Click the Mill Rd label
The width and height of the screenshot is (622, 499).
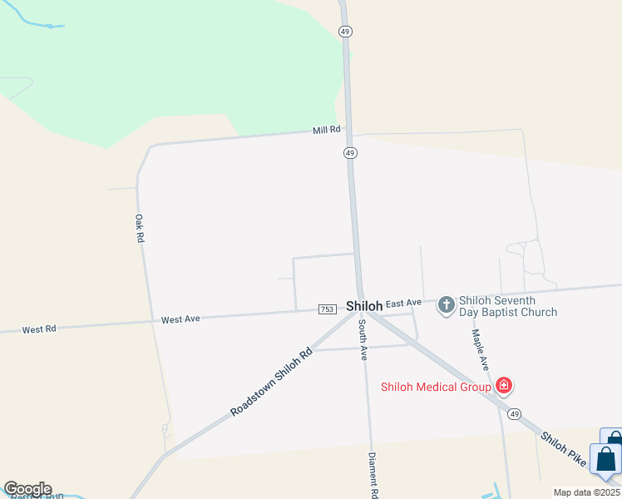tap(327, 131)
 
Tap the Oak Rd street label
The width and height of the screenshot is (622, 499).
tap(140, 228)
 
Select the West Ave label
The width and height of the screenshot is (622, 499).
tap(180, 319)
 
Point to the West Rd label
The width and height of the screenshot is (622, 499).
tap(39, 329)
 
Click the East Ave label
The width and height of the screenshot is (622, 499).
tap(404, 303)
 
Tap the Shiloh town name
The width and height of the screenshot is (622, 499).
tap(363, 306)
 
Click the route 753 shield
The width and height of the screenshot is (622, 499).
tap(327, 309)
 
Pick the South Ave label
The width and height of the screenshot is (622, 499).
tap(363, 341)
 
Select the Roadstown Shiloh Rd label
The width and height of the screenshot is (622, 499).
tap(271, 383)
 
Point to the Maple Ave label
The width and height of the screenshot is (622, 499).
tap(480, 349)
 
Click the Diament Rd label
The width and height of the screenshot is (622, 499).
tap(374, 475)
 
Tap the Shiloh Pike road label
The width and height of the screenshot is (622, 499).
tap(563, 450)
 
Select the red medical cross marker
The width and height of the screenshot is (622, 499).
tap(503, 386)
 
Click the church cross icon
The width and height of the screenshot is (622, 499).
tap(447, 305)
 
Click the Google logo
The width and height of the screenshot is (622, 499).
tap(27, 489)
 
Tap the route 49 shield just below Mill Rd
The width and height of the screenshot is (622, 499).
tap(350, 153)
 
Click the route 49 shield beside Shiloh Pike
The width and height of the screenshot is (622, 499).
tap(516, 413)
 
